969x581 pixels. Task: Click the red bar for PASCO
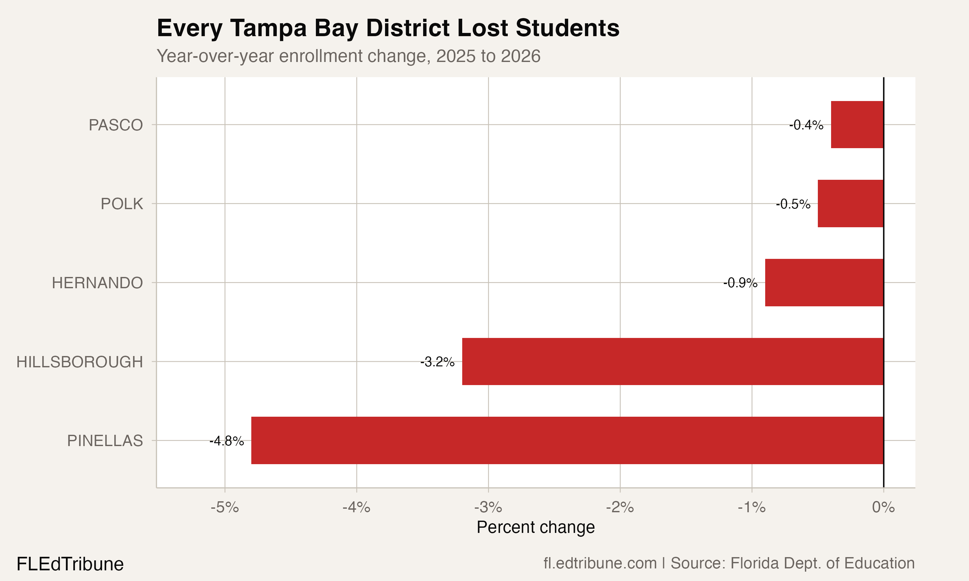coord(857,125)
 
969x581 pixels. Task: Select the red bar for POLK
coord(850,204)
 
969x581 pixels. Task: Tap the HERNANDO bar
coord(824,282)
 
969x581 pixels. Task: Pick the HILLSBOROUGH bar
coord(672,362)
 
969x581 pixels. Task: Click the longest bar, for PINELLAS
coord(567,441)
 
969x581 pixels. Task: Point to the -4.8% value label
coord(226,441)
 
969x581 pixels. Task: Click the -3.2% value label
coord(437,362)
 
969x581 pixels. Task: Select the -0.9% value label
coord(740,283)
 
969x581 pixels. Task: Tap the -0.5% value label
coord(793,204)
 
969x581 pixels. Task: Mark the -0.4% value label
coord(806,125)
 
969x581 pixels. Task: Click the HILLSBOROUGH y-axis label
coord(79,362)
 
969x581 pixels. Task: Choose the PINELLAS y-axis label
coord(105,441)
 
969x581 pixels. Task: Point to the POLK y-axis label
coord(122,204)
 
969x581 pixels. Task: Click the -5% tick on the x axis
coord(224,507)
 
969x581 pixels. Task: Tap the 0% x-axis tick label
coord(883,507)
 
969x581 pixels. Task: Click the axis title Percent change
coord(536,527)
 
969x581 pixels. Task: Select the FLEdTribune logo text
coord(70,564)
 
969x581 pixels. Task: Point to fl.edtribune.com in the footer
coord(600,563)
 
